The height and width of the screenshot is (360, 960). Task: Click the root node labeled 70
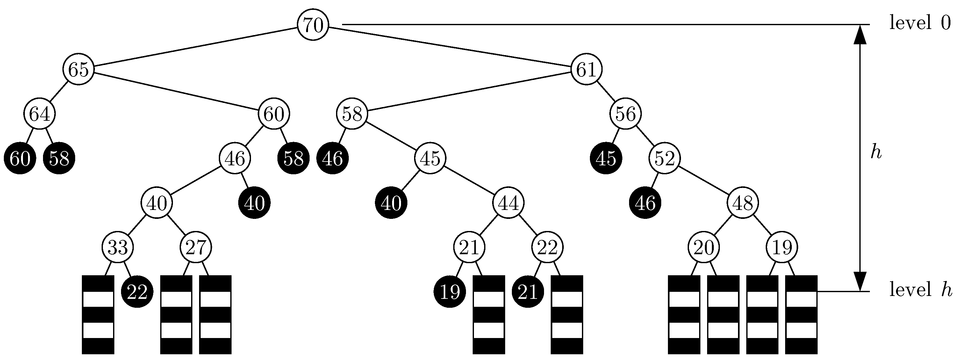[313, 25]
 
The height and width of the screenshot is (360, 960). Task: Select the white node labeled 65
[78, 69]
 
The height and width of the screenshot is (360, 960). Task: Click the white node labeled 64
[39, 114]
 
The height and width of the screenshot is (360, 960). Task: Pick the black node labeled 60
[20, 158]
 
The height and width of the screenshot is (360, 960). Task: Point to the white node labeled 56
[625, 114]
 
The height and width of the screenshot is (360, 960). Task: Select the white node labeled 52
[664, 158]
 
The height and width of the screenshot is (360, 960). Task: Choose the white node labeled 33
[118, 248]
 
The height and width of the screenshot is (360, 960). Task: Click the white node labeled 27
[196, 248]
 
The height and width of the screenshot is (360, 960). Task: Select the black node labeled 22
[137, 292]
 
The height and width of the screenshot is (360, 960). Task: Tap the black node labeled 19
[449, 292]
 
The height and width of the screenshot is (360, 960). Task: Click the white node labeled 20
[704, 248]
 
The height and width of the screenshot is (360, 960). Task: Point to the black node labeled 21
[528, 292]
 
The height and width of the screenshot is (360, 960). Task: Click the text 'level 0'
[920, 24]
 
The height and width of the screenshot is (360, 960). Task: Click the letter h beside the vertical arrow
[876, 152]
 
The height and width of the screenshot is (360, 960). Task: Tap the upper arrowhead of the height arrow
[860, 34]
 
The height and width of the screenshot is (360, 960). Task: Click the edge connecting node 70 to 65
[196, 47]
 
